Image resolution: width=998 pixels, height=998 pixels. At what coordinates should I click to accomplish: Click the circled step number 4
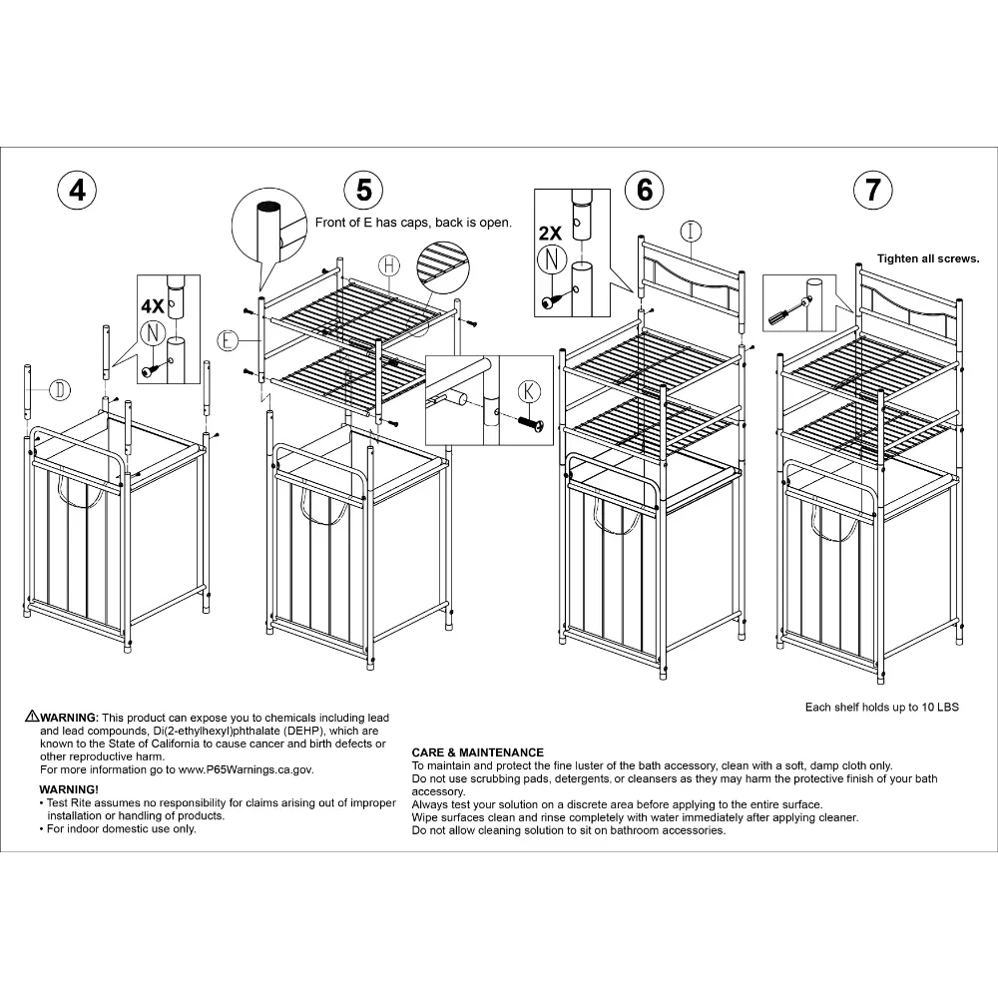77,189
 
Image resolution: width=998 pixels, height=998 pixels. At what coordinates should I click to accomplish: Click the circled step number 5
363,189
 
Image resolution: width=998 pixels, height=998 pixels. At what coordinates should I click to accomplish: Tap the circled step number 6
644,189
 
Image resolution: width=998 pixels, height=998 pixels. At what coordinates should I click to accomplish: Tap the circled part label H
390,264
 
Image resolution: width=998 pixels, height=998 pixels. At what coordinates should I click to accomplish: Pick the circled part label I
692,231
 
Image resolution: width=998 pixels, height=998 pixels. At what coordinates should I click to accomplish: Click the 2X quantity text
550,234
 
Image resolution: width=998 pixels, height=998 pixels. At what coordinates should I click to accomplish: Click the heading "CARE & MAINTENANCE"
478,752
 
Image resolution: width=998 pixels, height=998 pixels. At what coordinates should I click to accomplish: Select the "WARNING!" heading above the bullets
69,789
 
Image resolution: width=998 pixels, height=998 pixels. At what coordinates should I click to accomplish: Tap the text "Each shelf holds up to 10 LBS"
881,708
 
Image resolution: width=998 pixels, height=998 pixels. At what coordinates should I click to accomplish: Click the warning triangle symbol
33,717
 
